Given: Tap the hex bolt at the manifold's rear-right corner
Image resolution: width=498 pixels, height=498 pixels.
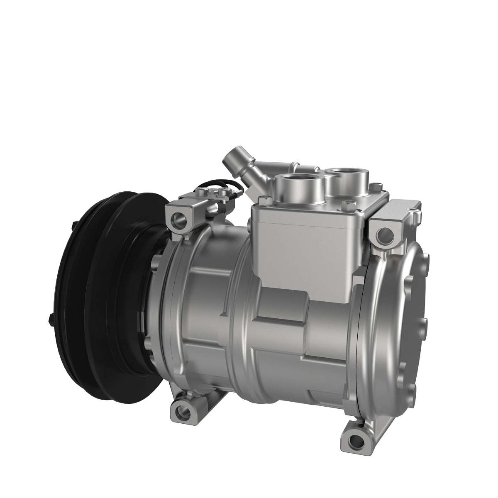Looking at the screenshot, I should pos(375,186).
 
